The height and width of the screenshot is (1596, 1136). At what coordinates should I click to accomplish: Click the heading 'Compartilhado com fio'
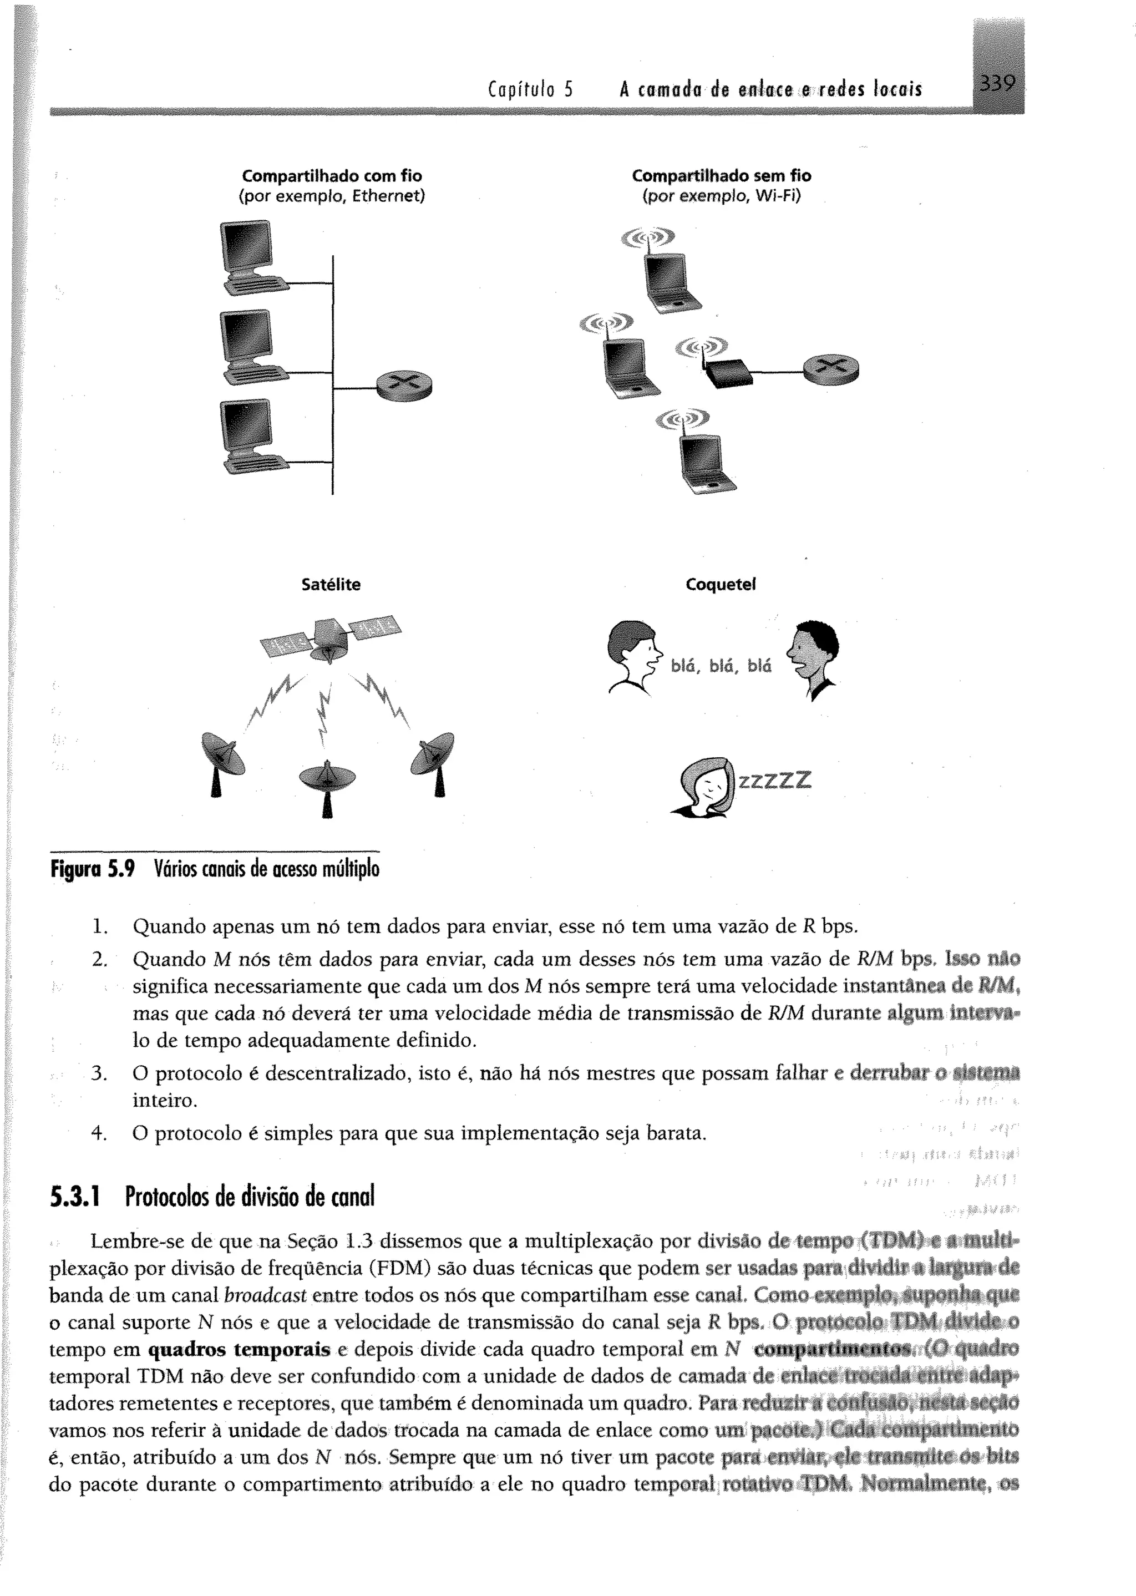[x=332, y=175]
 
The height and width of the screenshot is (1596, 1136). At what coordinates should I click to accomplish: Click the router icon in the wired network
[x=404, y=384]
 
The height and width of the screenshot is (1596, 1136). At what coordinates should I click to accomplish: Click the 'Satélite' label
[x=331, y=585]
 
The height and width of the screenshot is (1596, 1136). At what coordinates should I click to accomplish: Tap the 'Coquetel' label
[x=721, y=585]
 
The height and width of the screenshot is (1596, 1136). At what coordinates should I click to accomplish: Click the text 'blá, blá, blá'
[x=721, y=666]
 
